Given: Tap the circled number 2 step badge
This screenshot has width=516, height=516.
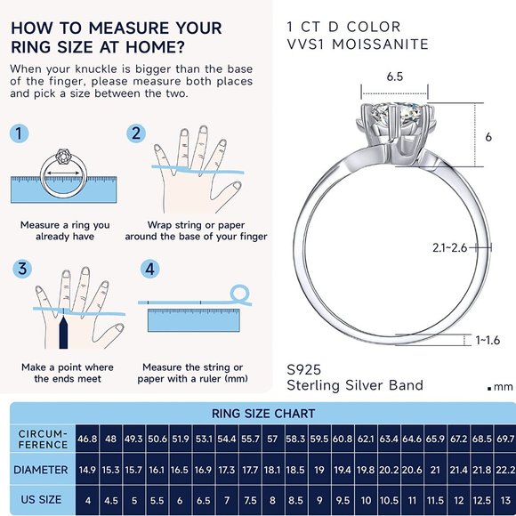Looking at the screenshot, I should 136,134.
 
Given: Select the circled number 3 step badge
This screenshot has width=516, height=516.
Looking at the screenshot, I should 20,269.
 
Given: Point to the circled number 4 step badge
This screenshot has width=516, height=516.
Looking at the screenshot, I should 149,269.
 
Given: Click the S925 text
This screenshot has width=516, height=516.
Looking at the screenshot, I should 304,367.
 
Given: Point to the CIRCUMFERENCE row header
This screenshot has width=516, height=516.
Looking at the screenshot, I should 42,439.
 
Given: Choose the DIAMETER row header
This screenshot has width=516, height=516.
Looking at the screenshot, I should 42,468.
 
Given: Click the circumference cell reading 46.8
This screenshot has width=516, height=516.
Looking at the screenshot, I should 87,439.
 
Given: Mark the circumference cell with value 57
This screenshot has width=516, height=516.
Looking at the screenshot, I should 272,439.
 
